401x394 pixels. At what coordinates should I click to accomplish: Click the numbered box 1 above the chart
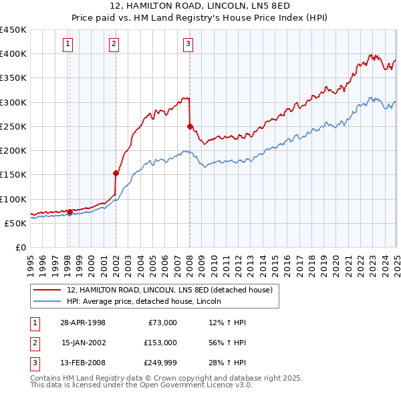[69, 45]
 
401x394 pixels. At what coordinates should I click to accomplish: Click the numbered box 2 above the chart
[114, 45]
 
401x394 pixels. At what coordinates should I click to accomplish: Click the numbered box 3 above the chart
[188, 45]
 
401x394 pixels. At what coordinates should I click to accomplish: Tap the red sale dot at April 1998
[70, 212]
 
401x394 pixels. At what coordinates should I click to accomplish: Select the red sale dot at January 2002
[116, 174]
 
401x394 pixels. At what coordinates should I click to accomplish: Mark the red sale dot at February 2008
[190, 126]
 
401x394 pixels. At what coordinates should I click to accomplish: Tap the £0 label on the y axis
[20, 247]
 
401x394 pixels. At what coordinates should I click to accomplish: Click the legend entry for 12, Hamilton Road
[170, 290]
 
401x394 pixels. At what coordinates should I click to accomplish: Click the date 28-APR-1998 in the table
[83, 323]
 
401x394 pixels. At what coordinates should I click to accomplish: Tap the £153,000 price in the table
[160, 342]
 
